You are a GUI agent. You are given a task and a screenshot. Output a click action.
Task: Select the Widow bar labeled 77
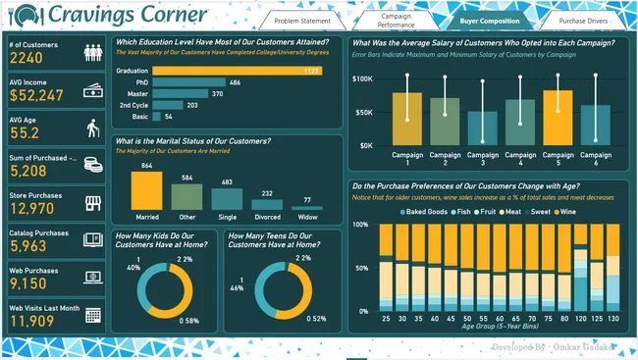306,213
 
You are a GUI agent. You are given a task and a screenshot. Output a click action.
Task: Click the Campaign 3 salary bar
482,128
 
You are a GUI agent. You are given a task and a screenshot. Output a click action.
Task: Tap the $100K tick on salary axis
361,77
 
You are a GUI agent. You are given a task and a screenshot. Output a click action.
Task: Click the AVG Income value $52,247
37,96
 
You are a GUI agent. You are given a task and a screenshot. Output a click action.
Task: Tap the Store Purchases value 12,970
38,208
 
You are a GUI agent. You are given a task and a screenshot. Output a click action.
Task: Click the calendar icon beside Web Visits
93,314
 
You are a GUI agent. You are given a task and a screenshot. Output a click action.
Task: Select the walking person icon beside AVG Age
93,128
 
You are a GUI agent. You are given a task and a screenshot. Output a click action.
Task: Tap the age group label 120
580,318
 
